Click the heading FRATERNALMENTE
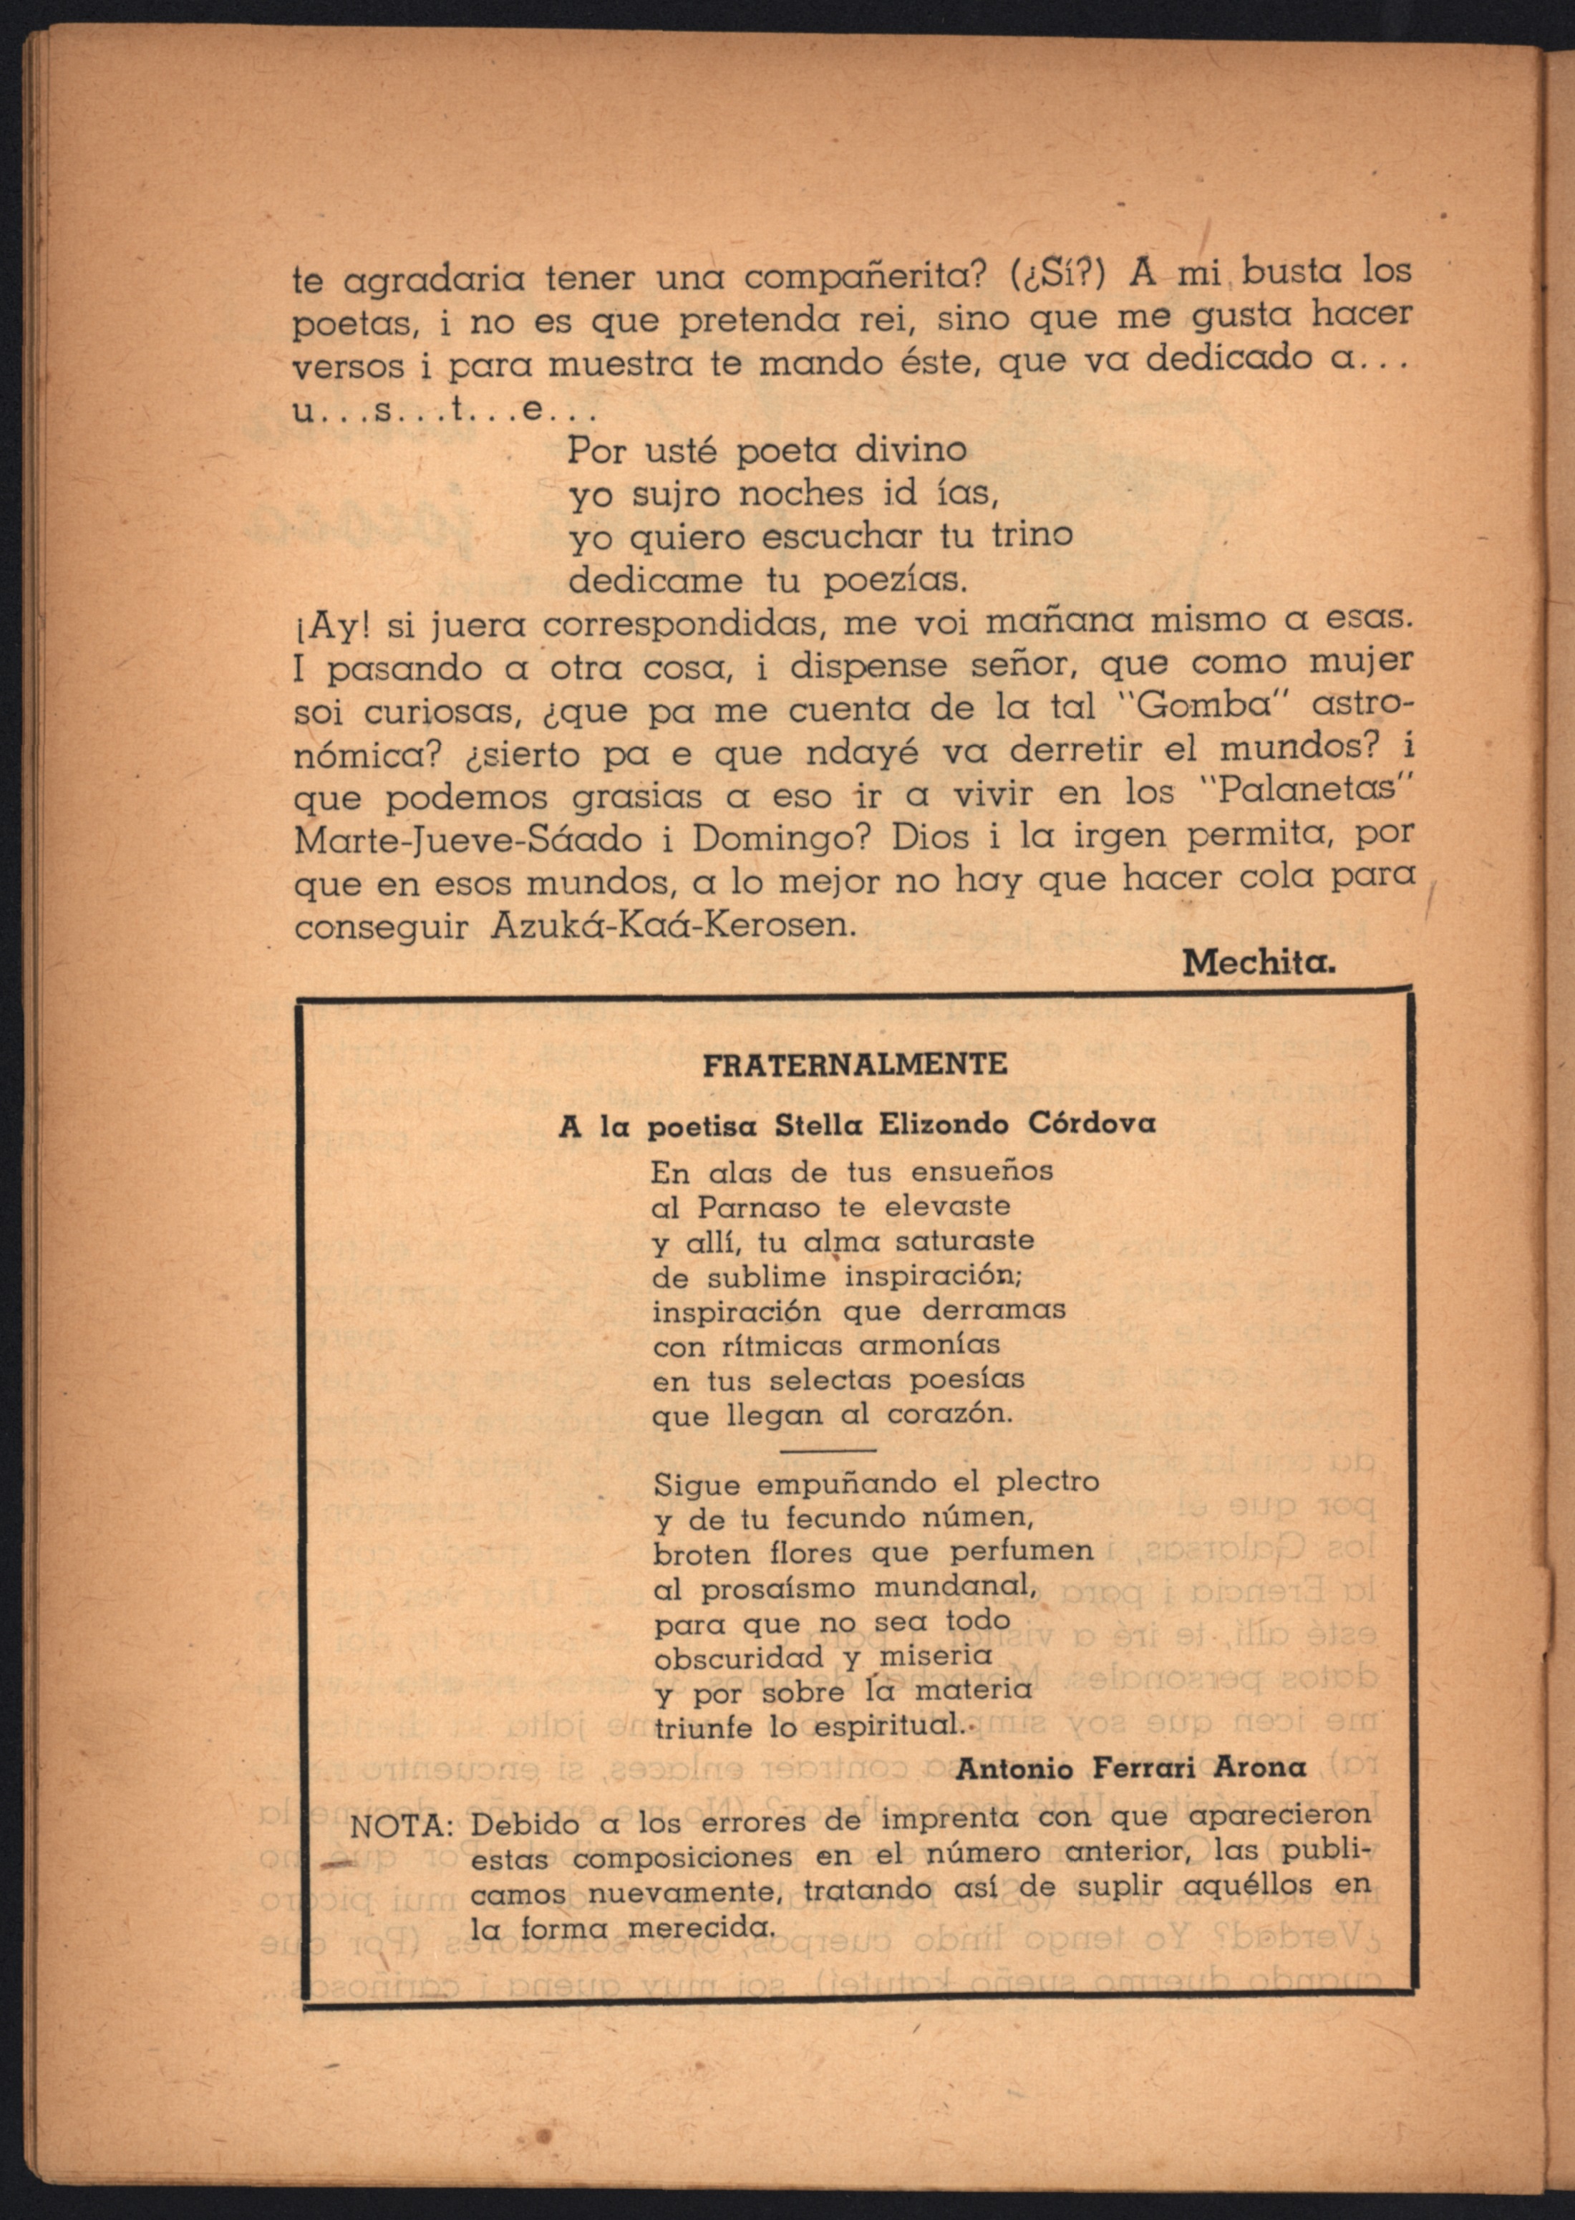853,1064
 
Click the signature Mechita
1259,963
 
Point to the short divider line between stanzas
828,1450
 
